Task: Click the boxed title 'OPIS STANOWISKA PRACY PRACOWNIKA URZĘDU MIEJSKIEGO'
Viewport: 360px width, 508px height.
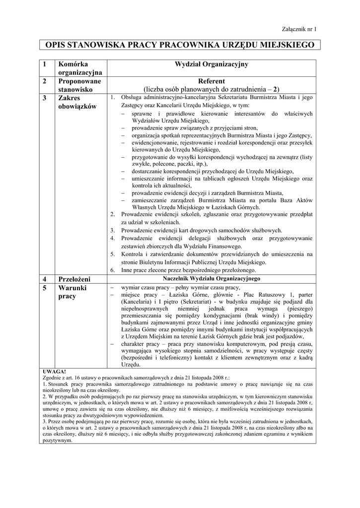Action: click(180, 45)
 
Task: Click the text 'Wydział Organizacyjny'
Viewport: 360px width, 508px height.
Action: click(212, 64)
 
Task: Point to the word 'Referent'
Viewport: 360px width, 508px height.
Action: click(212, 81)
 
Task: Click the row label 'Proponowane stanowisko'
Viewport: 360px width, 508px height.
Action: click(79, 85)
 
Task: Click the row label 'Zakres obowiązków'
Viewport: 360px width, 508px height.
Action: click(76, 102)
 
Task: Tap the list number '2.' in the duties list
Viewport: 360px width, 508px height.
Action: click(113, 214)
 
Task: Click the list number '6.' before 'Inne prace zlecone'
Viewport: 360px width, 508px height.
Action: click(113, 270)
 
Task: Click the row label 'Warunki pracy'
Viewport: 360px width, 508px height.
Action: click(73, 292)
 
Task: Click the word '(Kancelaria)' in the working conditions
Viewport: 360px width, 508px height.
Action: click(138, 301)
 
